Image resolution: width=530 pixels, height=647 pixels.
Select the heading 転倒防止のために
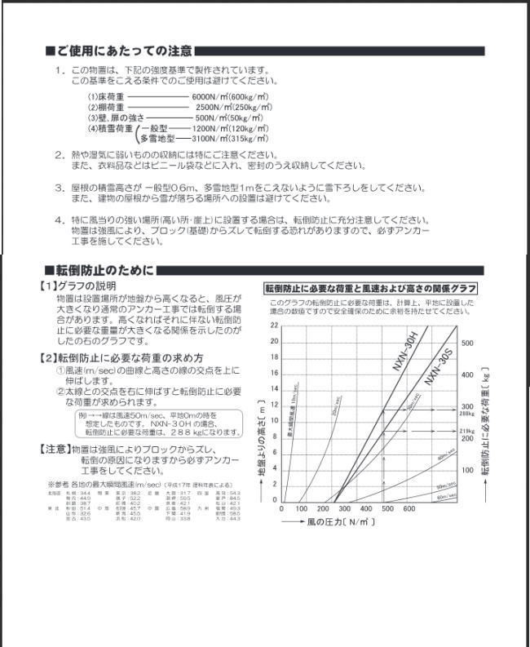[103, 270]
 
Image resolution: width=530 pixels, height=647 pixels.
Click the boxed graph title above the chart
[371, 289]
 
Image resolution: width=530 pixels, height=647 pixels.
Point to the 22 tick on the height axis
[274, 326]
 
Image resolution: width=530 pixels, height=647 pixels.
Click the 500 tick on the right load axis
[466, 343]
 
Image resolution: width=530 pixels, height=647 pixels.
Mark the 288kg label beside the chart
[466, 414]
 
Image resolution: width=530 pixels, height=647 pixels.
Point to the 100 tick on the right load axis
[466, 470]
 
